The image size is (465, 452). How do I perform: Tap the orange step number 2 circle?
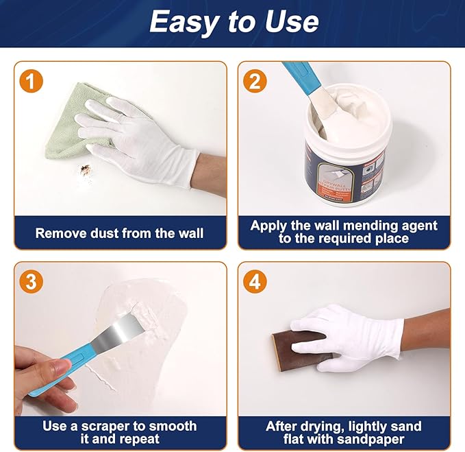point(255,82)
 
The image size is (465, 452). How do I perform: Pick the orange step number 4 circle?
point(255,281)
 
